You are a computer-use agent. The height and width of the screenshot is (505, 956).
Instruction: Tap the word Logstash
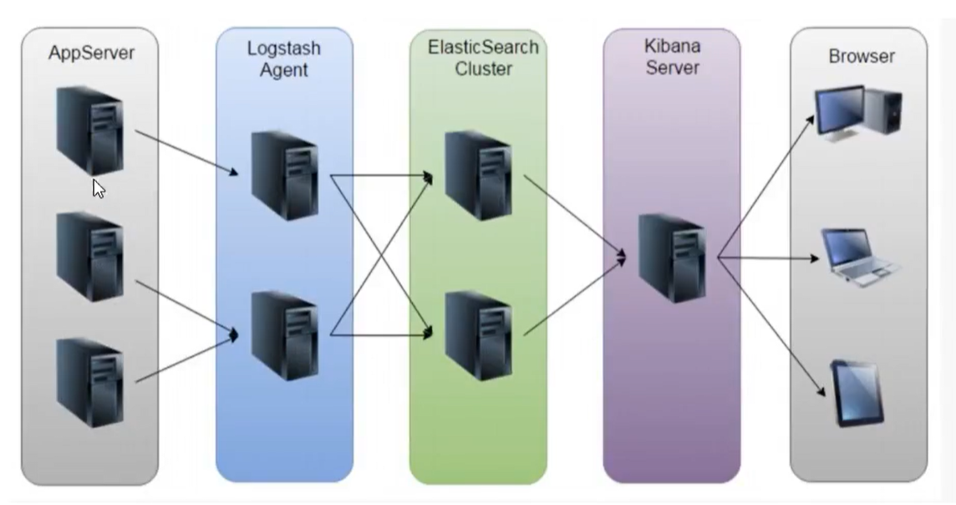(x=283, y=48)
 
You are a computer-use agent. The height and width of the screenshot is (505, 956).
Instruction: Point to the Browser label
(x=861, y=57)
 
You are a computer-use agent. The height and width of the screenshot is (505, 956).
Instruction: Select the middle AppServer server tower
(x=89, y=255)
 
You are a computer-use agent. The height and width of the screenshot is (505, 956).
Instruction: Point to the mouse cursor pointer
(x=99, y=188)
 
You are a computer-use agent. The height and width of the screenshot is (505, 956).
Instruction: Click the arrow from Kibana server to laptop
(x=769, y=258)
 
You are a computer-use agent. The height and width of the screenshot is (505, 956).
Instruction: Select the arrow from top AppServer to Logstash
(x=186, y=152)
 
